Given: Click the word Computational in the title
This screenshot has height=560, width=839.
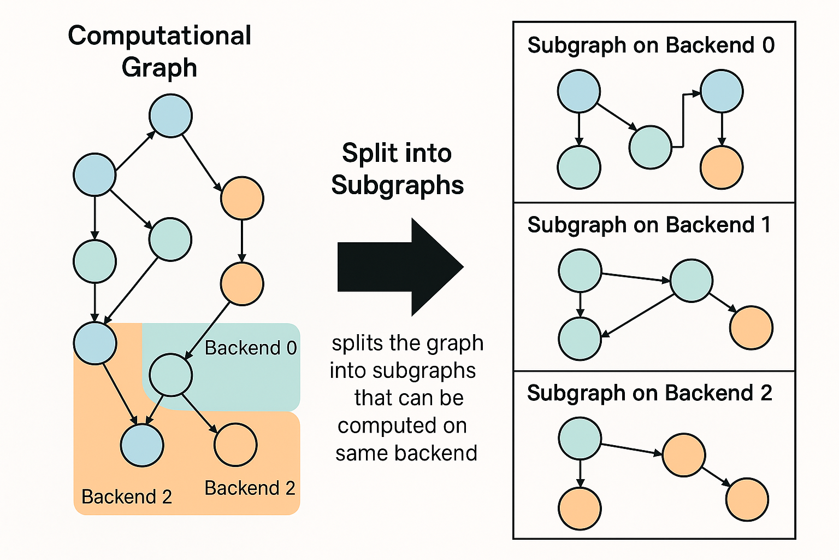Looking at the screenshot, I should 159,36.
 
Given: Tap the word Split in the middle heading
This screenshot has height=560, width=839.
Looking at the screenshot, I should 367,153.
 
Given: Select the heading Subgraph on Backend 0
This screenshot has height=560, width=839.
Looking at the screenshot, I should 651,45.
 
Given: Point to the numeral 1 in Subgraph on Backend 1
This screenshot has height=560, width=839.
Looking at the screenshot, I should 766,225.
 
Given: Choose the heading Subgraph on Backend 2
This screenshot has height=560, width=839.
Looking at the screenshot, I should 649,393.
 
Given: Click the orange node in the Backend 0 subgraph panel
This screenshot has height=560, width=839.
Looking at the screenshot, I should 721,167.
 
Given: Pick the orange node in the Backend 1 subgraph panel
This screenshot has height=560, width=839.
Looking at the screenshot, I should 751,328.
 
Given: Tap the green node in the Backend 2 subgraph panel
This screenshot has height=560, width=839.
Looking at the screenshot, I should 580,439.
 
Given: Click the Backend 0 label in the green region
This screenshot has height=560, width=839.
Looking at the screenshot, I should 251,348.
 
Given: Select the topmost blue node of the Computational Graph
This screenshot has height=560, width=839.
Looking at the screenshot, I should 170,115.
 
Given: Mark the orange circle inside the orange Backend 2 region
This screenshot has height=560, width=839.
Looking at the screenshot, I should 235,445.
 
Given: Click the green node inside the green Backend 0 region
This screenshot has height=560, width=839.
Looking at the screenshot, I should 170,375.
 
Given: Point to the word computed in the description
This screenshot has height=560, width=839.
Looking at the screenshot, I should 402,425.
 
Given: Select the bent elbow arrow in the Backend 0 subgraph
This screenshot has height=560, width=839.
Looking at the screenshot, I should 683,120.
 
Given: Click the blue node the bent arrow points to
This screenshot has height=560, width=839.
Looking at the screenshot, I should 721,91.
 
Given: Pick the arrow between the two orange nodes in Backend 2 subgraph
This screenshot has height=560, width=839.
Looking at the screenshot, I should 717,477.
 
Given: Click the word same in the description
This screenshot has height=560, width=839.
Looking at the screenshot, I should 362,453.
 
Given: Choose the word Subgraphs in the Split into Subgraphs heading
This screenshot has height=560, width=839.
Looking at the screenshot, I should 397,185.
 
